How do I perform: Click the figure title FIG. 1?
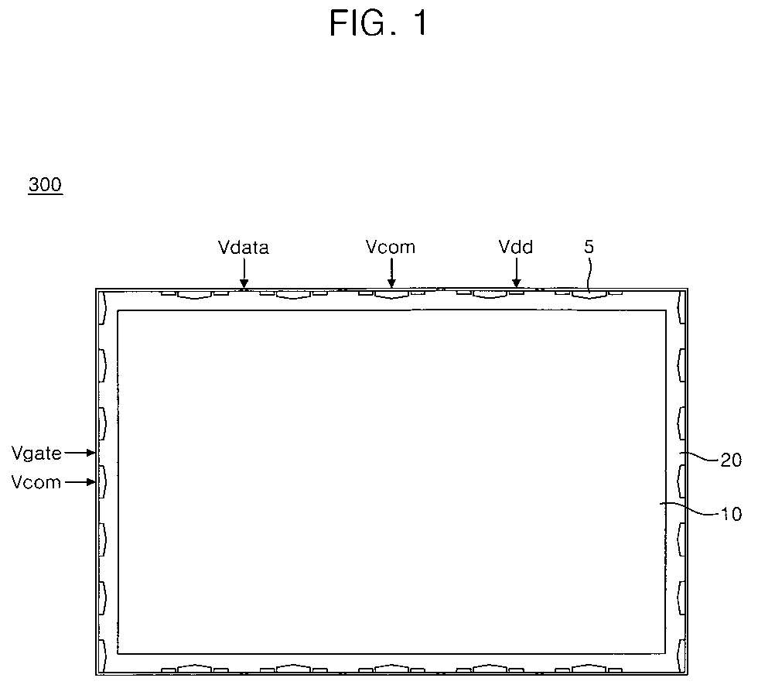[379, 23]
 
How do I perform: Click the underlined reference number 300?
[45, 184]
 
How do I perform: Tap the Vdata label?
[243, 247]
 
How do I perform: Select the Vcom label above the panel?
[391, 247]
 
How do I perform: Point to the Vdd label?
[516, 247]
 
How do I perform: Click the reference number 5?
[589, 247]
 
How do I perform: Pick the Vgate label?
[37, 454]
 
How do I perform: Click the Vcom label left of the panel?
[36, 482]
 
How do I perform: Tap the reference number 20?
[731, 460]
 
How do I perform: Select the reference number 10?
[731, 514]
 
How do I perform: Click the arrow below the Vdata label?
[244, 273]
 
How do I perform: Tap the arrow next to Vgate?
[80, 454]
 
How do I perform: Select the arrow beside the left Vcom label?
[80, 482]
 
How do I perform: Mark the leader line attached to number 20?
[699, 457]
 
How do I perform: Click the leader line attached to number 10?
[690, 508]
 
